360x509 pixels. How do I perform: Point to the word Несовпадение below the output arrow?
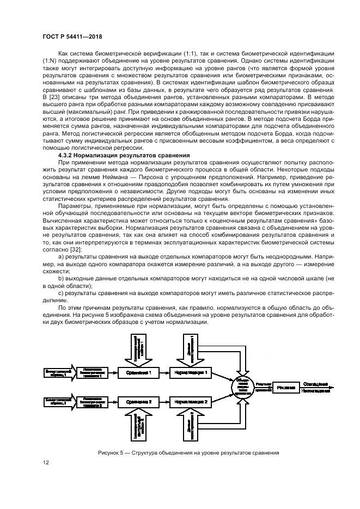coord(315,392)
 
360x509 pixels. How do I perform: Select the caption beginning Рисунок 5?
coord(188,452)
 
